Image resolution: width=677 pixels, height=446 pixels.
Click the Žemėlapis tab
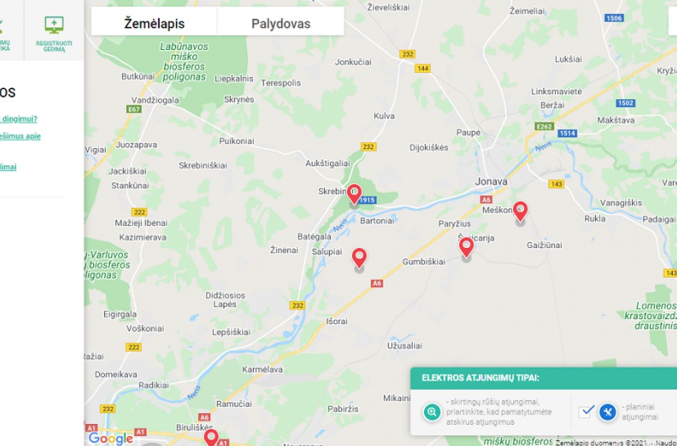[x=154, y=24]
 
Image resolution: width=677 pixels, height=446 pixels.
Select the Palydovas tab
[x=281, y=24]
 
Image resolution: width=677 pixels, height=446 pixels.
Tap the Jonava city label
[x=491, y=182]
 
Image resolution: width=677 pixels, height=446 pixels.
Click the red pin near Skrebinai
[x=353, y=193]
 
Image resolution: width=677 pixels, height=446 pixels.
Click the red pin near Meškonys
[x=520, y=210]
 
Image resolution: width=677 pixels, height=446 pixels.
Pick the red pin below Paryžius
[x=466, y=247]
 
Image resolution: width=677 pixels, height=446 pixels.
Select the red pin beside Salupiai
[x=359, y=257]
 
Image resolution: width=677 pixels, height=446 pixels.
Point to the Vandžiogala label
[x=155, y=100]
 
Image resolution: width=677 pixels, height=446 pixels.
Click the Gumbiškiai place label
[x=423, y=261]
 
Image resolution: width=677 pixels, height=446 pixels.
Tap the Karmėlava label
[x=262, y=369]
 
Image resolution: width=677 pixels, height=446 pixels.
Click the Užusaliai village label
[x=404, y=346]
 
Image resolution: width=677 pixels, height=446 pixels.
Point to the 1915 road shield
[x=367, y=200]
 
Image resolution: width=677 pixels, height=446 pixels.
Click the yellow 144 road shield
[x=423, y=68]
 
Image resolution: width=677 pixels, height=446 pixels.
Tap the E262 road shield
[x=544, y=126]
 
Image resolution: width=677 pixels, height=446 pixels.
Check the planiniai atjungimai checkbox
[x=586, y=411]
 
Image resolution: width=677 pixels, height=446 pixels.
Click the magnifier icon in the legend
[x=431, y=412]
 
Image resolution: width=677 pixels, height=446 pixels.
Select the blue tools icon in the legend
[x=607, y=412]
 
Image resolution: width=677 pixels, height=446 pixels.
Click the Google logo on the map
[x=110, y=437]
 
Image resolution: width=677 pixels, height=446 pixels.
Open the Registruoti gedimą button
[x=53, y=32]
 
